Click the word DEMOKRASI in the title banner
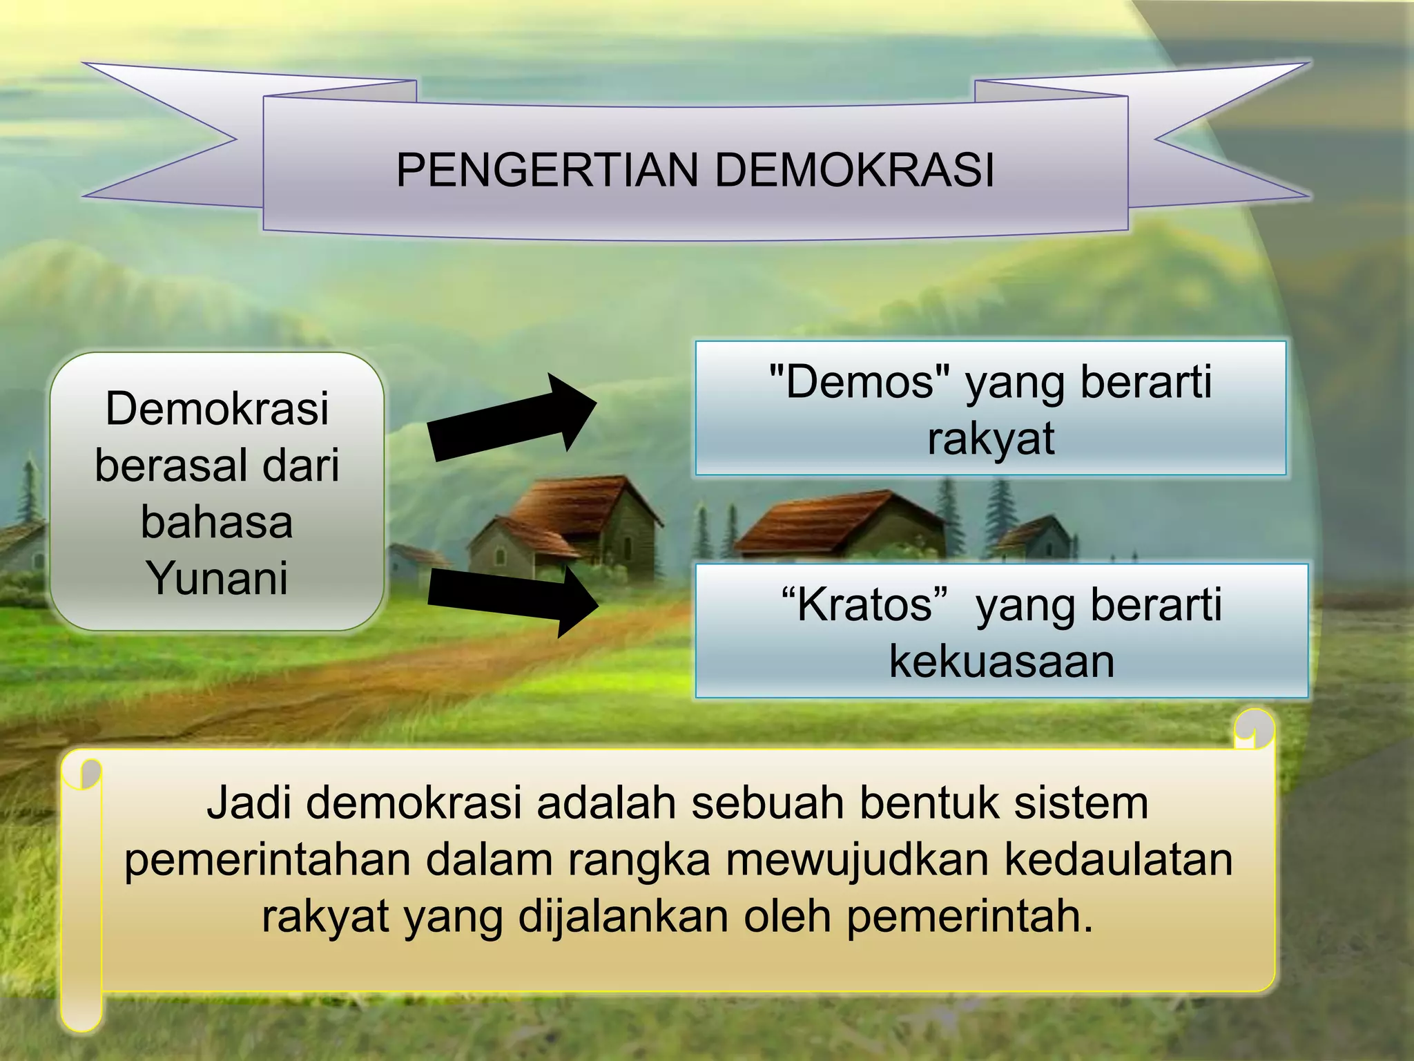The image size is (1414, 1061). tap(854, 170)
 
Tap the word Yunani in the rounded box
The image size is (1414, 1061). tap(217, 577)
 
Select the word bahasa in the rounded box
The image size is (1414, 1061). tap(217, 522)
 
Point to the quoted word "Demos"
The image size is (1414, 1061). tap(859, 381)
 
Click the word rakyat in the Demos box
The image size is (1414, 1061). tap(991, 438)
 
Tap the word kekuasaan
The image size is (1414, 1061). tap(1001, 661)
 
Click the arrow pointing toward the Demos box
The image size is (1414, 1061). tap(511, 419)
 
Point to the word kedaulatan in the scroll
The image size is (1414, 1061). tap(1118, 859)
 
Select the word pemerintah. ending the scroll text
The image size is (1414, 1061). tap(969, 916)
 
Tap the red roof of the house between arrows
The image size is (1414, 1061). tap(573, 504)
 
